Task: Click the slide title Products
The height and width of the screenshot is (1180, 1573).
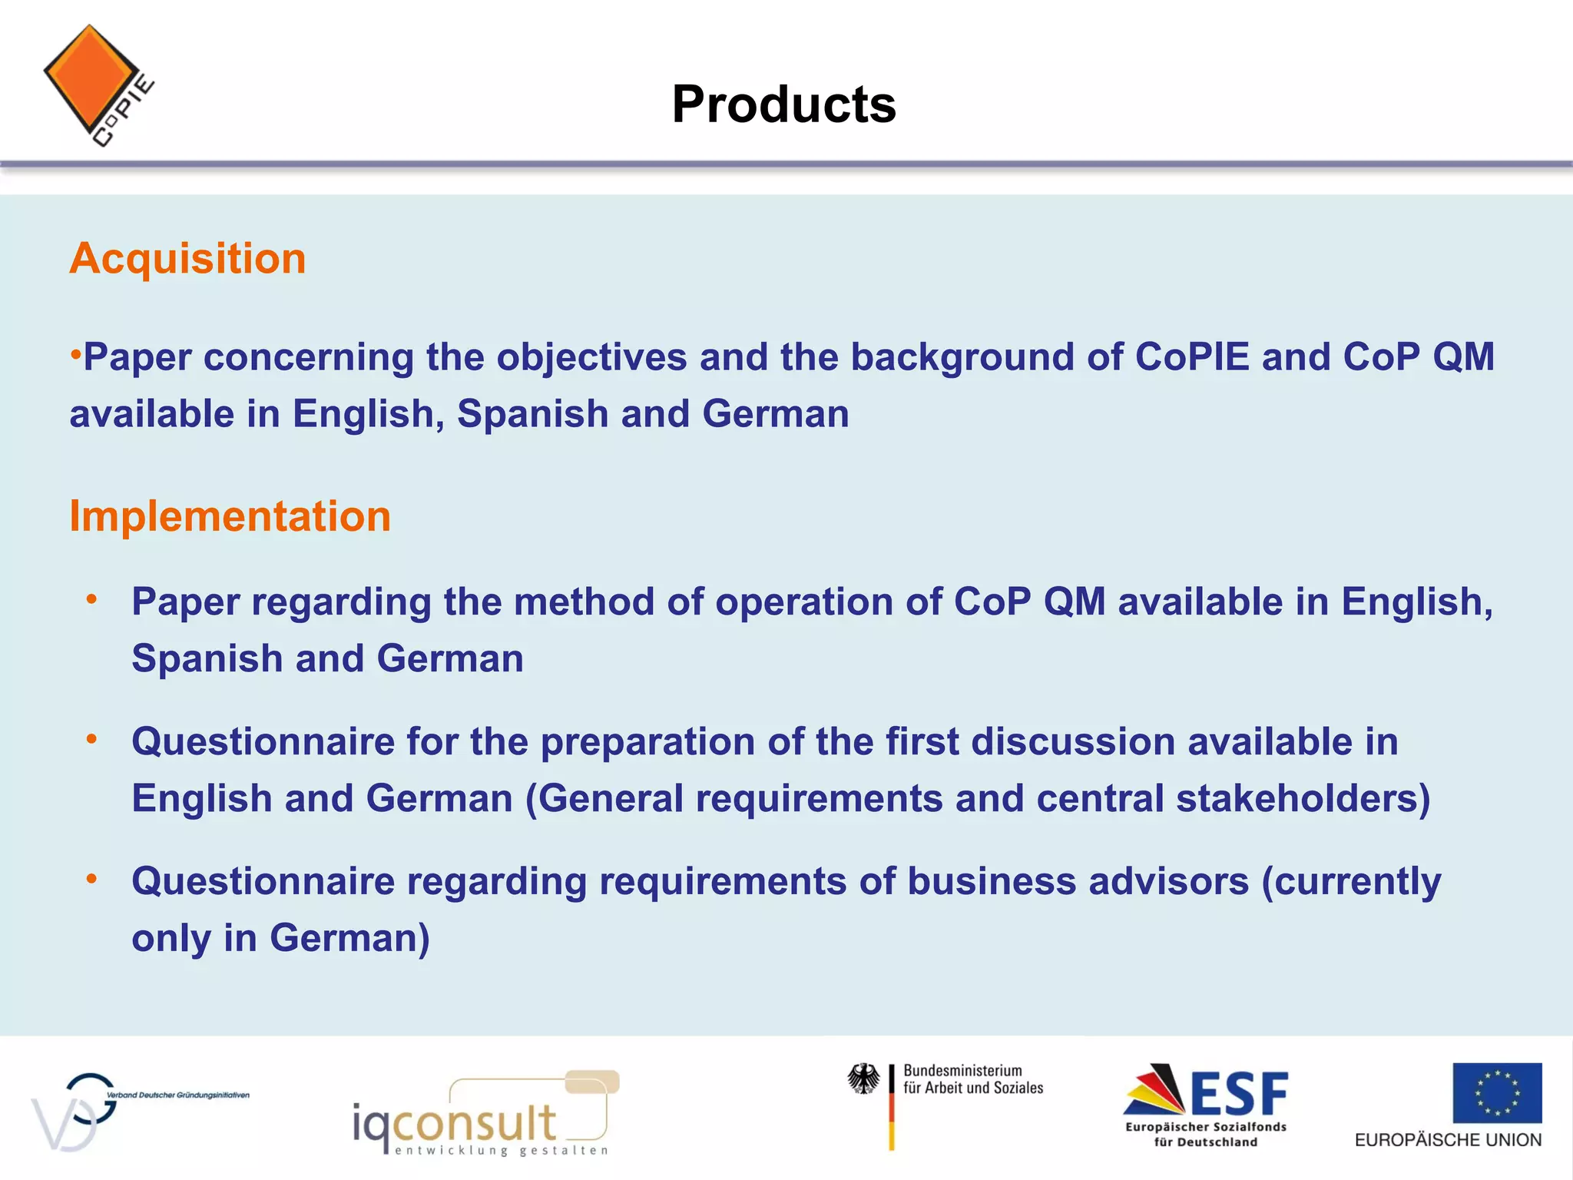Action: click(783, 104)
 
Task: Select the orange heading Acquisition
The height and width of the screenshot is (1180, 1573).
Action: click(187, 258)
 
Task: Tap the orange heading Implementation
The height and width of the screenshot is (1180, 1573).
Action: click(230, 516)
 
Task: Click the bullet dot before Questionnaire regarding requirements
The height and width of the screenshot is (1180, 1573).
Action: click(91, 878)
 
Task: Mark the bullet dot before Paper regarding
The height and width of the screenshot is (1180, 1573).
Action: click(91, 598)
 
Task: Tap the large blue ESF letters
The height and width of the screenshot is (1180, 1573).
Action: click(1238, 1094)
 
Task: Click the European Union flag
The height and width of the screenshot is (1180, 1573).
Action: click(1496, 1092)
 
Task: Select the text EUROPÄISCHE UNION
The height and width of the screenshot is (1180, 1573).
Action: click(1447, 1140)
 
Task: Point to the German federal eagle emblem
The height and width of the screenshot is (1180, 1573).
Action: click(864, 1079)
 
